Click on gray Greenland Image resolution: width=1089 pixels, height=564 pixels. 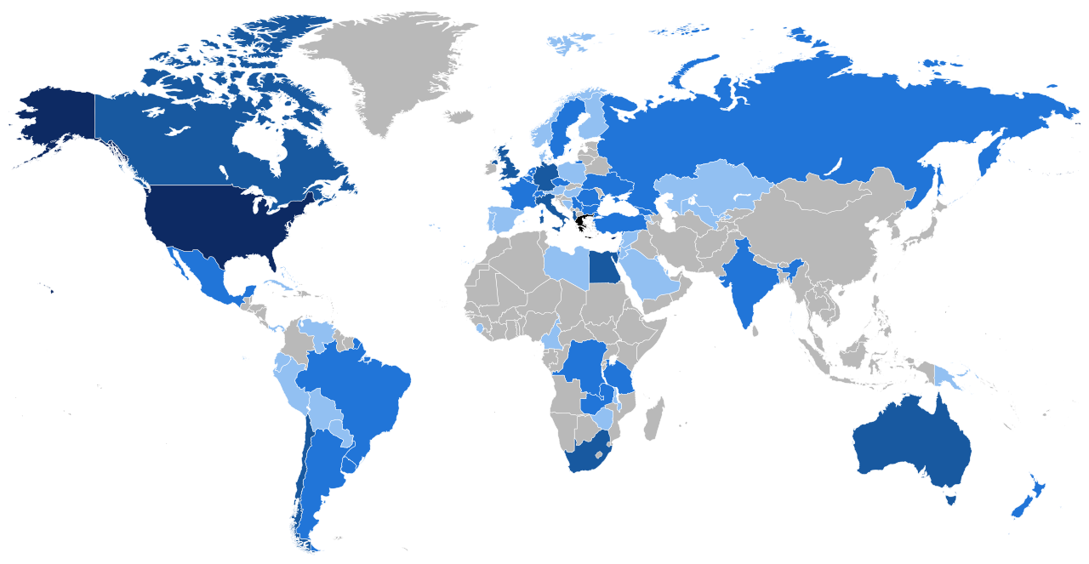pyautogui.click(x=383, y=68)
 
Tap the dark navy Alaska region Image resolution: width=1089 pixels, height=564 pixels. pyautogui.click(x=55, y=119)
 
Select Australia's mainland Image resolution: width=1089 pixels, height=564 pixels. pyautogui.click(x=910, y=442)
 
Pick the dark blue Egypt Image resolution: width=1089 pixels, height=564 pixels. pyautogui.click(x=603, y=268)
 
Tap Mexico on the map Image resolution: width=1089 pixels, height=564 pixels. pyautogui.click(x=204, y=272)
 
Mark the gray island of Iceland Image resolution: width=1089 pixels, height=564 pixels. pyautogui.click(x=459, y=116)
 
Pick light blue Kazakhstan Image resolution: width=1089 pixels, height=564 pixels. pyautogui.click(x=715, y=183)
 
